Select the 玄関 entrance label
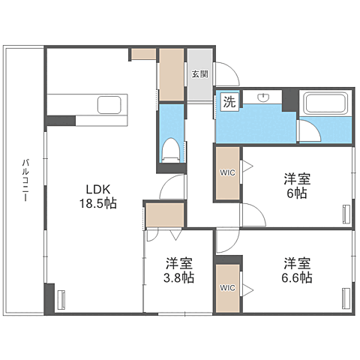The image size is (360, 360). tap(199, 73)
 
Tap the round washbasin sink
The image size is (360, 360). tap(264, 97)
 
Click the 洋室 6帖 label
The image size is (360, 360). tap(296, 186)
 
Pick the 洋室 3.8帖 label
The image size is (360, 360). tap(180, 271)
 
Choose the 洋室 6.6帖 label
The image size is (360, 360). tap(298, 271)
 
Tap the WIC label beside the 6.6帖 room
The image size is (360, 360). tap(227, 287)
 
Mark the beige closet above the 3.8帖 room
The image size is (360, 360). tap(165, 214)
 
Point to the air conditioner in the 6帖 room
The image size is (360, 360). tap(346, 214)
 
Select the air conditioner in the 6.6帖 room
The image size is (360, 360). tap(346, 298)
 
